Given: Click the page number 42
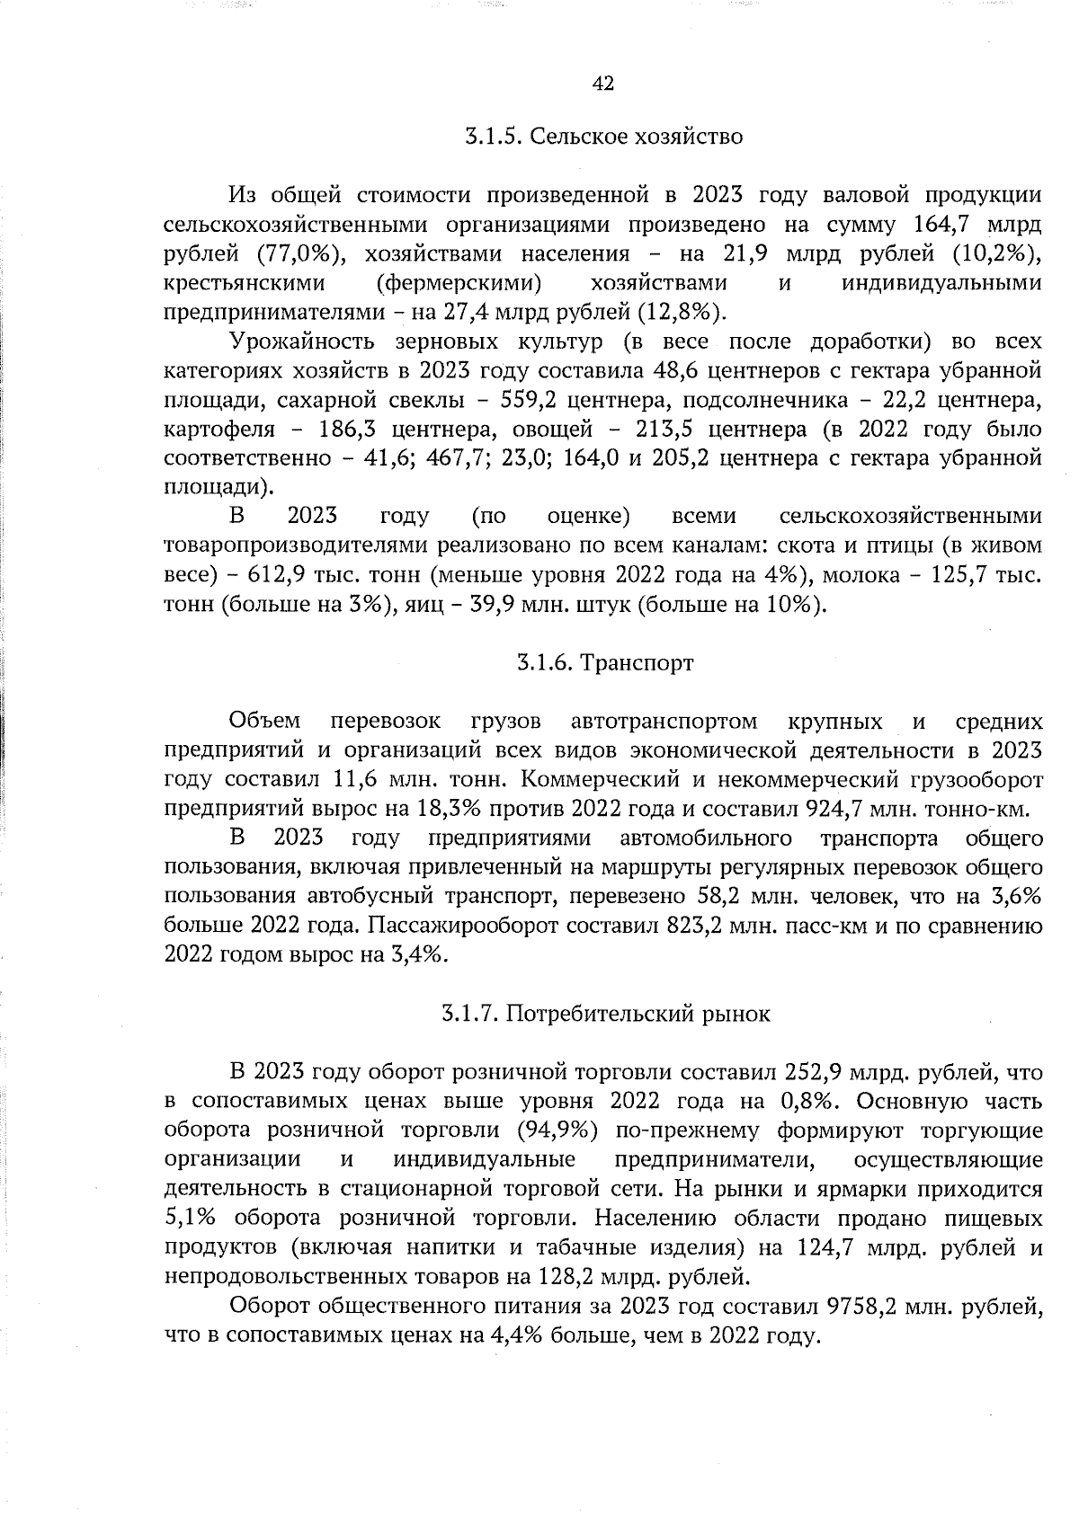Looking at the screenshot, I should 602,84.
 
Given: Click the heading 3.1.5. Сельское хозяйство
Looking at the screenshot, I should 603,137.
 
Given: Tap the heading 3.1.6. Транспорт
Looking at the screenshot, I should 604,663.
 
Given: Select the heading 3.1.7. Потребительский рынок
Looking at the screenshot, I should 605,1014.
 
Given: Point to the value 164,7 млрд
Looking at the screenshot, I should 976,225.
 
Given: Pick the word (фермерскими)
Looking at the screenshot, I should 458,283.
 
